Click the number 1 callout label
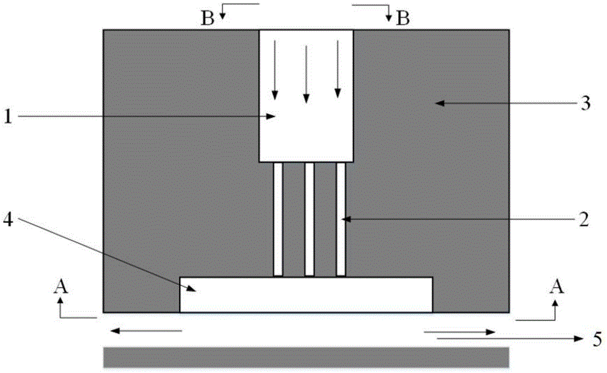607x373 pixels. [x=8, y=115]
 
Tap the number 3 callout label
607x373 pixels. [x=585, y=104]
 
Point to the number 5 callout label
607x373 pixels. [x=597, y=337]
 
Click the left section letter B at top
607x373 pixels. [x=208, y=19]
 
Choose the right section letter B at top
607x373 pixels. [x=402, y=19]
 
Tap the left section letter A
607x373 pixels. [x=59, y=287]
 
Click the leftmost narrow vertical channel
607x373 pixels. [x=278, y=219]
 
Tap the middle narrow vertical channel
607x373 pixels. [x=310, y=219]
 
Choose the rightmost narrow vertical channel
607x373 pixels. [x=341, y=219]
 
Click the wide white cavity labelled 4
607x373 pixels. [x=306, y=295]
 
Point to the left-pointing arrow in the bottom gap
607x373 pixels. [x=146, y=331]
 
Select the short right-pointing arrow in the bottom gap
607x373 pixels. [x=459, y=332]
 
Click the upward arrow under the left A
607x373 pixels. [x=59, y=307]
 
